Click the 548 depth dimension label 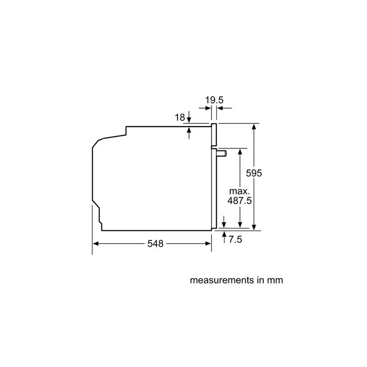156,244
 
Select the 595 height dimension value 255,173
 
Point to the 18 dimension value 180,118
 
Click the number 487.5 239,201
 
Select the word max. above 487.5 239,191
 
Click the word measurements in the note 222,279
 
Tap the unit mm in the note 275,279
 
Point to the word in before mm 260,279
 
